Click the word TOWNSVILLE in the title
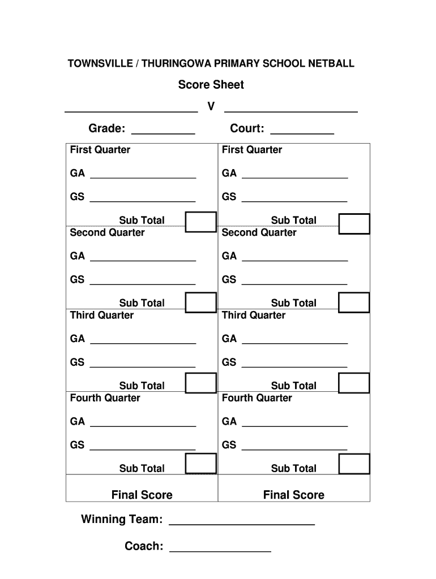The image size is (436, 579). (x=99, y=63)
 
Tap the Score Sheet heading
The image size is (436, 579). (x=211, y=85)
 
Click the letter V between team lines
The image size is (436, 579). (x=211, y=106)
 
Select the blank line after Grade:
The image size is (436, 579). (x=163, y=133)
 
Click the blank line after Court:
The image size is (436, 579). (x=302, y=133)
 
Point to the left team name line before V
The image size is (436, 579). (x=131, y=111)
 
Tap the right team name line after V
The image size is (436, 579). (x=291, y=111)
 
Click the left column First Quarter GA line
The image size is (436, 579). (x=143, y=178)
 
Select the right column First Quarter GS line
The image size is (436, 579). (x=294, y=201)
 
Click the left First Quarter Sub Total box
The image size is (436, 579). (x=201, y=222)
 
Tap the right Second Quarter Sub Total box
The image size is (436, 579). (x=354, y=303)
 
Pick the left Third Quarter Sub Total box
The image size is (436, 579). (x=201, y=383)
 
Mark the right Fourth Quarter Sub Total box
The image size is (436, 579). (x=354, y=464)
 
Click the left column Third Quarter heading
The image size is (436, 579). (x=101, y=316)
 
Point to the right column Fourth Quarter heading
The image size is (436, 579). (x=257, y=398)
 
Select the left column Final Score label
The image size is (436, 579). (x=142, y=495)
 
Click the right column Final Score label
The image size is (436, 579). (x=293, y=495)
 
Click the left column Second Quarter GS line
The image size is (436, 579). (x=143, y=283)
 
